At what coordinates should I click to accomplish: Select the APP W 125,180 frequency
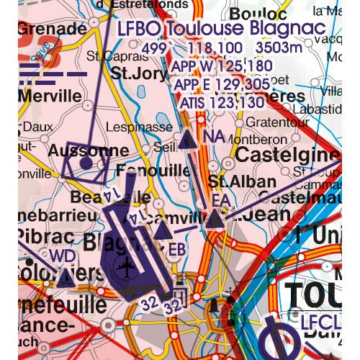click(x=222, y=67)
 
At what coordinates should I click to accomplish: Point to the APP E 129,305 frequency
click(x=222, y=85)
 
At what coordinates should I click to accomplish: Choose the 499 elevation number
click(x=153, y=49)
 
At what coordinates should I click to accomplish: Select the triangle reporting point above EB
click(x=163, y=230)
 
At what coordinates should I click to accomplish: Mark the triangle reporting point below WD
click(x=66, y=277)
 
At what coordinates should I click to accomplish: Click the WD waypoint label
click(x=62, y=256)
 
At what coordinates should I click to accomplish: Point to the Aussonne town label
click(x=89, y=152)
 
